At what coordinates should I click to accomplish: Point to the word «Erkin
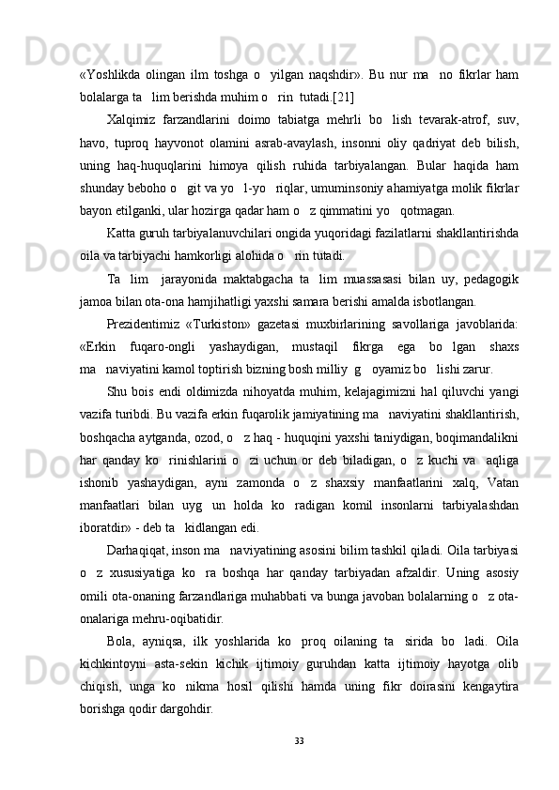point(99,350)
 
